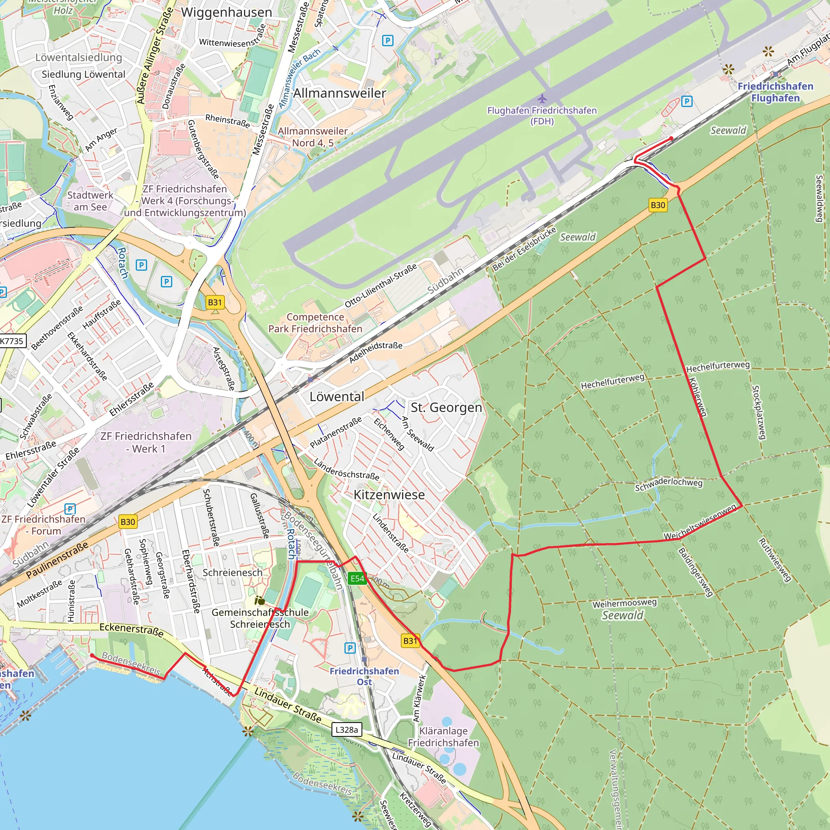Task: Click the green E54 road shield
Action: (x=357, y=579)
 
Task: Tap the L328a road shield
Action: (x=346, y=729)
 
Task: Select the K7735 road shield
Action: (x=12, y=341)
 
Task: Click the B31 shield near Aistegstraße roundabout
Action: (x=215, y=302)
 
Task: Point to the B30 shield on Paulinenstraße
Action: (x=128, y=522)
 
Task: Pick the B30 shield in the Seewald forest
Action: (x=658, y=205)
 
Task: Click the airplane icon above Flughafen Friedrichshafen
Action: (x=542, y=99)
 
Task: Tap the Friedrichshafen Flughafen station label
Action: (x=775, y=92)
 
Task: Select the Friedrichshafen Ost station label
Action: (x=364, y=676)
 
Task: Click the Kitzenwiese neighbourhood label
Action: (x=389, y=494)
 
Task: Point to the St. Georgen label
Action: (x=446, y=407)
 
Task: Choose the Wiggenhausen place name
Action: (x=227, y=13)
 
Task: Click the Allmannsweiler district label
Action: (x=339, y=93)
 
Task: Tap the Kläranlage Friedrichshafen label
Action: (x=443, y=737)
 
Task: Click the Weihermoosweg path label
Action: (x=624, y=603)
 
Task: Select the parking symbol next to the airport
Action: (x=687, y=101)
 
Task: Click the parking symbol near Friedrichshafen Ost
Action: (x=350, y=648)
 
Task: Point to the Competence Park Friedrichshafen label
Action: (x=315, y=323)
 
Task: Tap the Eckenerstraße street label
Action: (x=131, y=630)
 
